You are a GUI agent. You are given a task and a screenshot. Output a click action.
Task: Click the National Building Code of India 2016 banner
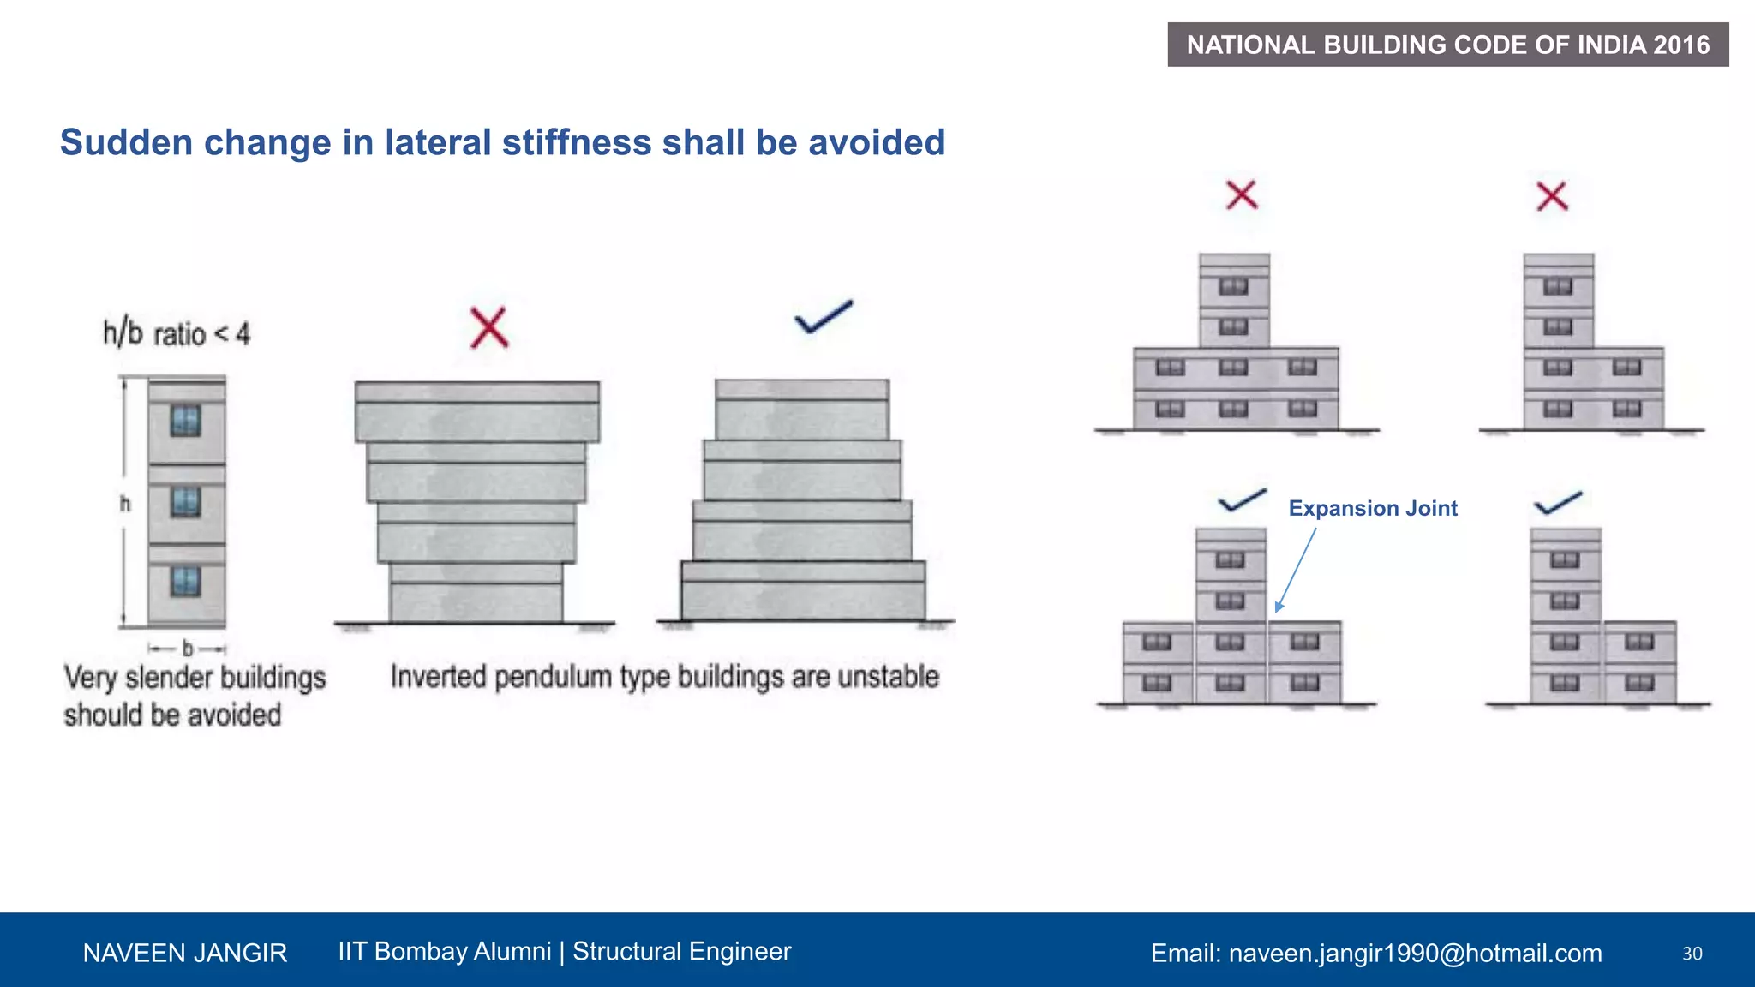1447,45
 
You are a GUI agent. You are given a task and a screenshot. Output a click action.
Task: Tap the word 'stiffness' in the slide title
576,142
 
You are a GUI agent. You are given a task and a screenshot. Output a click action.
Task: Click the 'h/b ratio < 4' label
177,332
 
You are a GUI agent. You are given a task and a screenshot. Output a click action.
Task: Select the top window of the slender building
185,421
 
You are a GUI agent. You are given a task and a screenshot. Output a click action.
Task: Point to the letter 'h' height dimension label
125,504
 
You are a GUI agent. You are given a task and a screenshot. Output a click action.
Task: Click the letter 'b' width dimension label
188,649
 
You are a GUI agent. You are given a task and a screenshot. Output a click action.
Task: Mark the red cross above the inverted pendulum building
489,327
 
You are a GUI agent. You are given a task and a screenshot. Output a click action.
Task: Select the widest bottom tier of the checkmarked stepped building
803,591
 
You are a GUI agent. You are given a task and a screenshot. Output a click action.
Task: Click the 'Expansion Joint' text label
1372,508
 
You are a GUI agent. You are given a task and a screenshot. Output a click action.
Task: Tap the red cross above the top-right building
1552,196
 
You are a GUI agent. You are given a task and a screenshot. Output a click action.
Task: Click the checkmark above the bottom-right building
1557,503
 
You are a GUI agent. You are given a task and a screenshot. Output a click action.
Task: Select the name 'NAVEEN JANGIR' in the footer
185,953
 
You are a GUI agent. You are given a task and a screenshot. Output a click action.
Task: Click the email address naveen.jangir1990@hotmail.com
1415,953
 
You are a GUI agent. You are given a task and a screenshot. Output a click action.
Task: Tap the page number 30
1692,954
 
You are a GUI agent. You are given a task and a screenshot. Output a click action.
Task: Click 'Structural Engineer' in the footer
681,951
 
